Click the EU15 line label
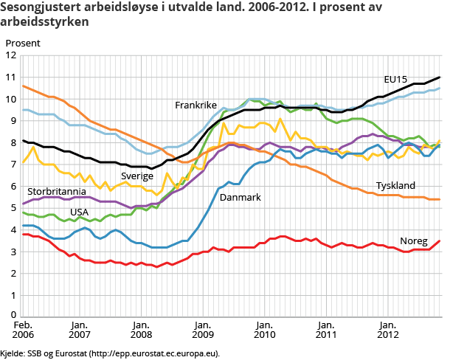pos(397,79)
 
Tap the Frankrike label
pos(195,105)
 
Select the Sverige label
pos(137,176)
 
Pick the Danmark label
pos(240,197)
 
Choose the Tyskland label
pos(395,186)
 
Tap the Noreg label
pos(413,241)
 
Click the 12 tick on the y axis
pos(10,55)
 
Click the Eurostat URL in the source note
pos(152,353)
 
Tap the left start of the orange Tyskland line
pos(23,86)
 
